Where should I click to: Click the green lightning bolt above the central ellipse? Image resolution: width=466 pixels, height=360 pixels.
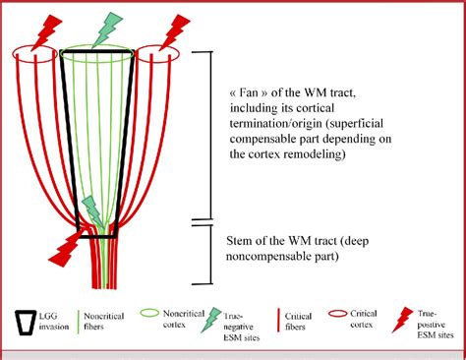[102, 31]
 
